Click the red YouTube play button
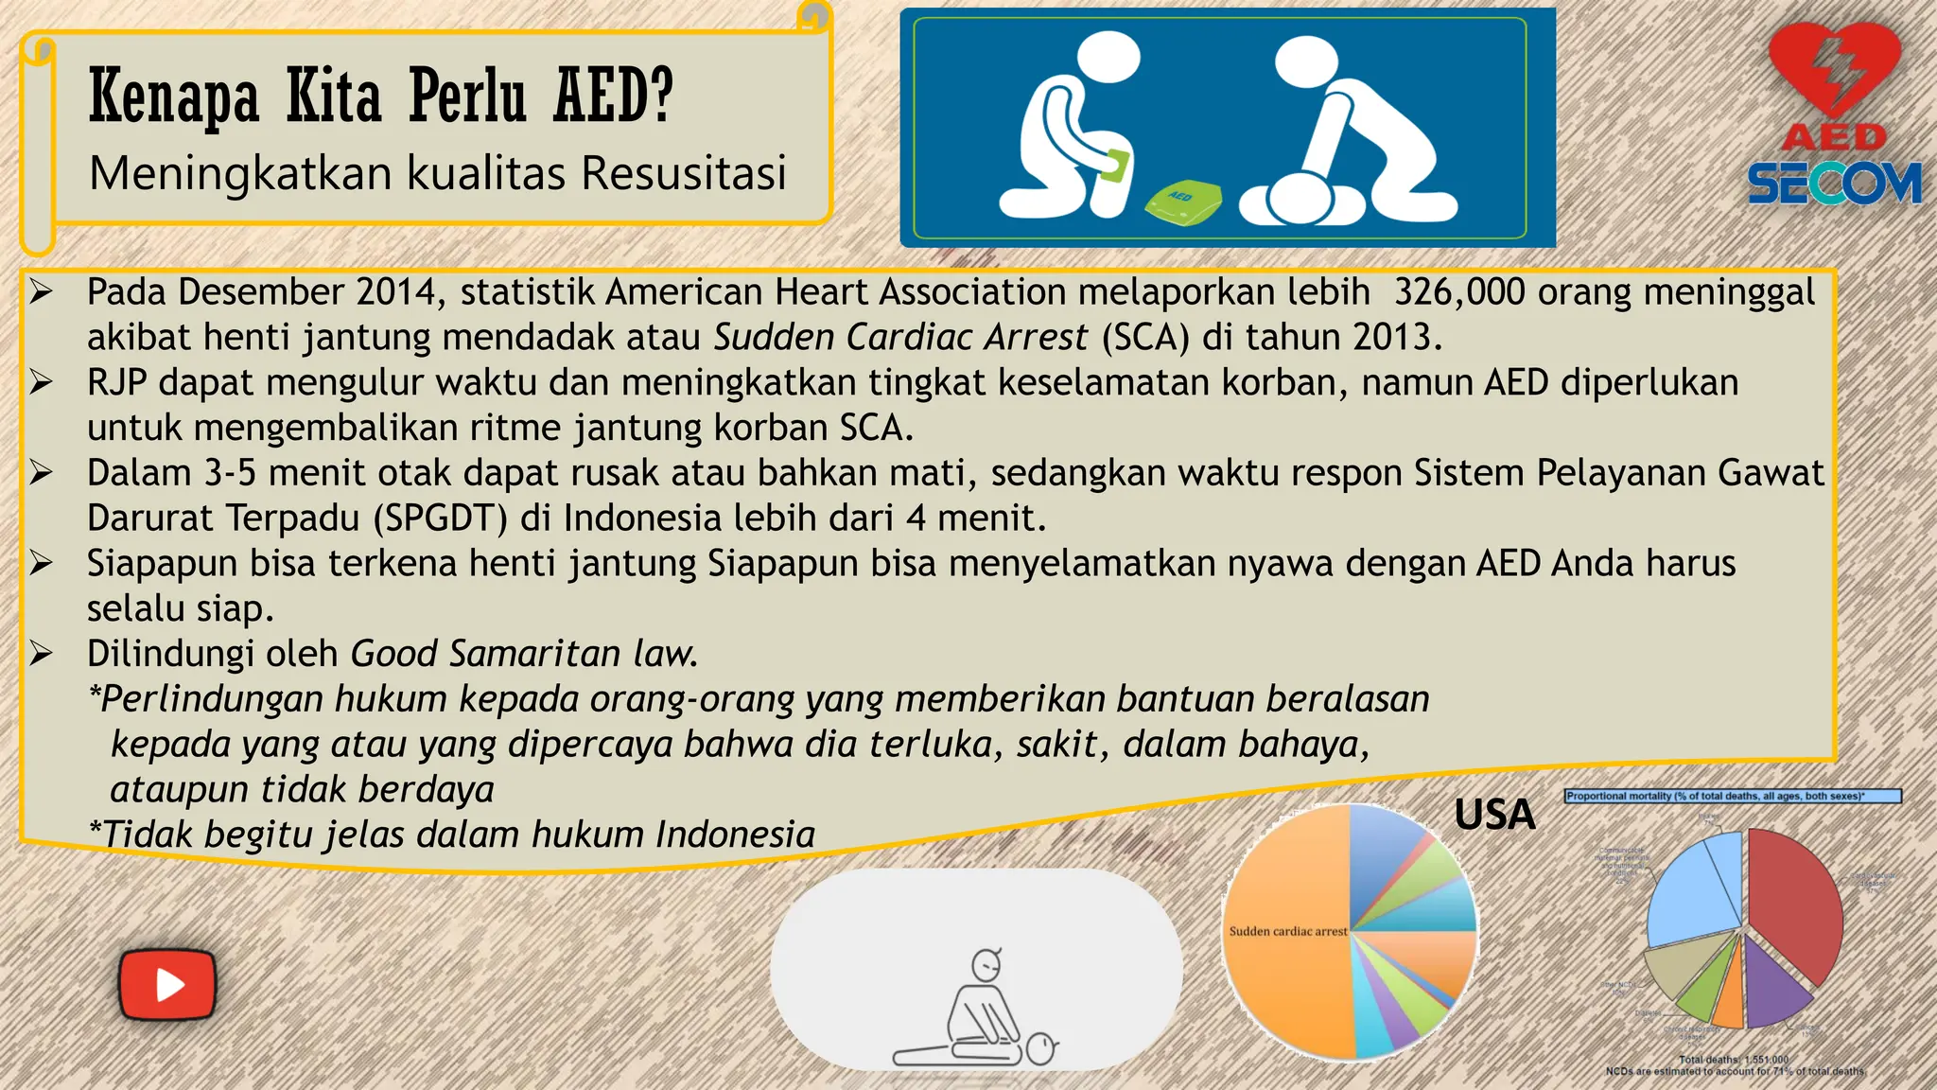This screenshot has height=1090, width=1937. [x=167, y=984]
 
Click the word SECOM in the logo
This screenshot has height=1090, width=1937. [x=1834, y=184]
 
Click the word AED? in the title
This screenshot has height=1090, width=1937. [x=613, y=97]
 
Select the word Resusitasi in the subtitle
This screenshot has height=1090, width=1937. [x=684, y=173]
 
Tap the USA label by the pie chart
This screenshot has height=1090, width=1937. [x=1494, y=815]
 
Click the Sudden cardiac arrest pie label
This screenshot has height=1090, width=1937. [x=1287, y=931]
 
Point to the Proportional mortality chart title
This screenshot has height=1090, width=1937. [x=1731, y=797]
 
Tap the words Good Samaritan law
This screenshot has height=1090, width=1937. [x=524, y=654]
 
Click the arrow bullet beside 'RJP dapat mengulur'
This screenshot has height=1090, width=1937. [x=41, y=382]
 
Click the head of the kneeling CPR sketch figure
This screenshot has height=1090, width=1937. [x=986, y=965]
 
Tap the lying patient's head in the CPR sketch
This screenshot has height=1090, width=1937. [x=1041, y=1049]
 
